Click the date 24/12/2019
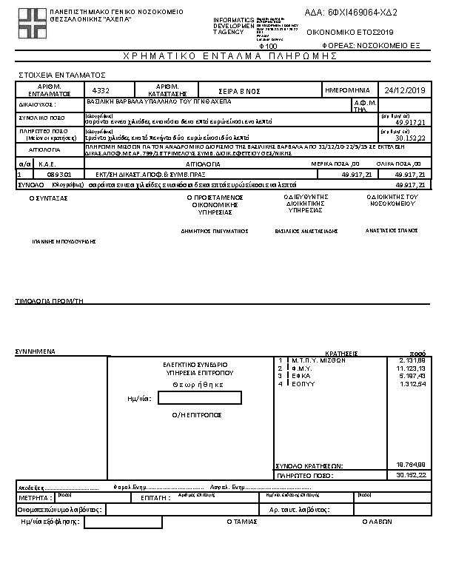coord(402,90)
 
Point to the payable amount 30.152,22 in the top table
coord(409,138)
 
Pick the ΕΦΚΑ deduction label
coord(301,376)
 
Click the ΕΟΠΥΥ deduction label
coord(303,384)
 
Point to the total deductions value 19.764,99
coord(410,465)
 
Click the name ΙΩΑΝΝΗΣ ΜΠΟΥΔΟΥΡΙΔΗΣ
coord(64,241)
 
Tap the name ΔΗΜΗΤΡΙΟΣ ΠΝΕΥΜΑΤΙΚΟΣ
coord(214,231)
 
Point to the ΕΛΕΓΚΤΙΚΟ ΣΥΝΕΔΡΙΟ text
coord(195,365)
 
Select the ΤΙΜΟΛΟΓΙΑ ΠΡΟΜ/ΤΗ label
coord(47,302)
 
